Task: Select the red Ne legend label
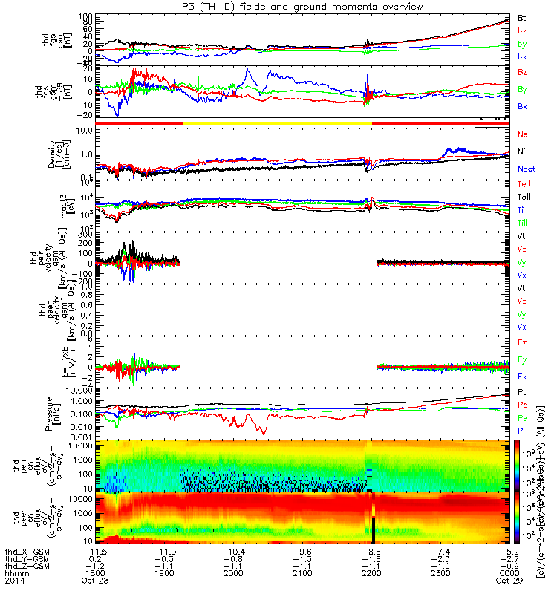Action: point(522,134)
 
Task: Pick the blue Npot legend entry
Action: point(526,169)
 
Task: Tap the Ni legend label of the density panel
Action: point(522,152)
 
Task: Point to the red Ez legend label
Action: point(522,342)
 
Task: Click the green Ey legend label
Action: point(522,360)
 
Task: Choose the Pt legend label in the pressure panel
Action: point(522,391)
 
